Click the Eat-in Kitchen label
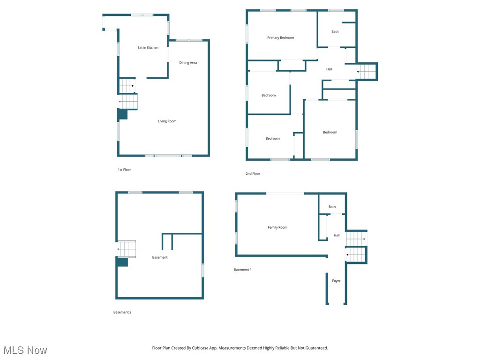[148, 48]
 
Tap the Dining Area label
[188, 62]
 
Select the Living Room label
[167, 121]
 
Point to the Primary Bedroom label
[280, 37]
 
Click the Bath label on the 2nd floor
[335, 32]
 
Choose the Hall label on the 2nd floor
[329, 69]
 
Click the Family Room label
[277, 227]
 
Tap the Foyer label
[336, 281]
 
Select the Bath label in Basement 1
[332, 207]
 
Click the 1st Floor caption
[124, 170]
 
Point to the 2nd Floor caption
[253, 174]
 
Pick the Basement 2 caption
[122, 312]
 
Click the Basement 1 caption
[243, 270]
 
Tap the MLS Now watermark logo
[25, 350]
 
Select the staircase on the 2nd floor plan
[367, 72]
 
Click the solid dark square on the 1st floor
[122, 114]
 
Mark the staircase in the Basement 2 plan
[127, 249]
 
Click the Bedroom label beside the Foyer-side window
[330, 132]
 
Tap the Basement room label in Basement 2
[159, 257]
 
